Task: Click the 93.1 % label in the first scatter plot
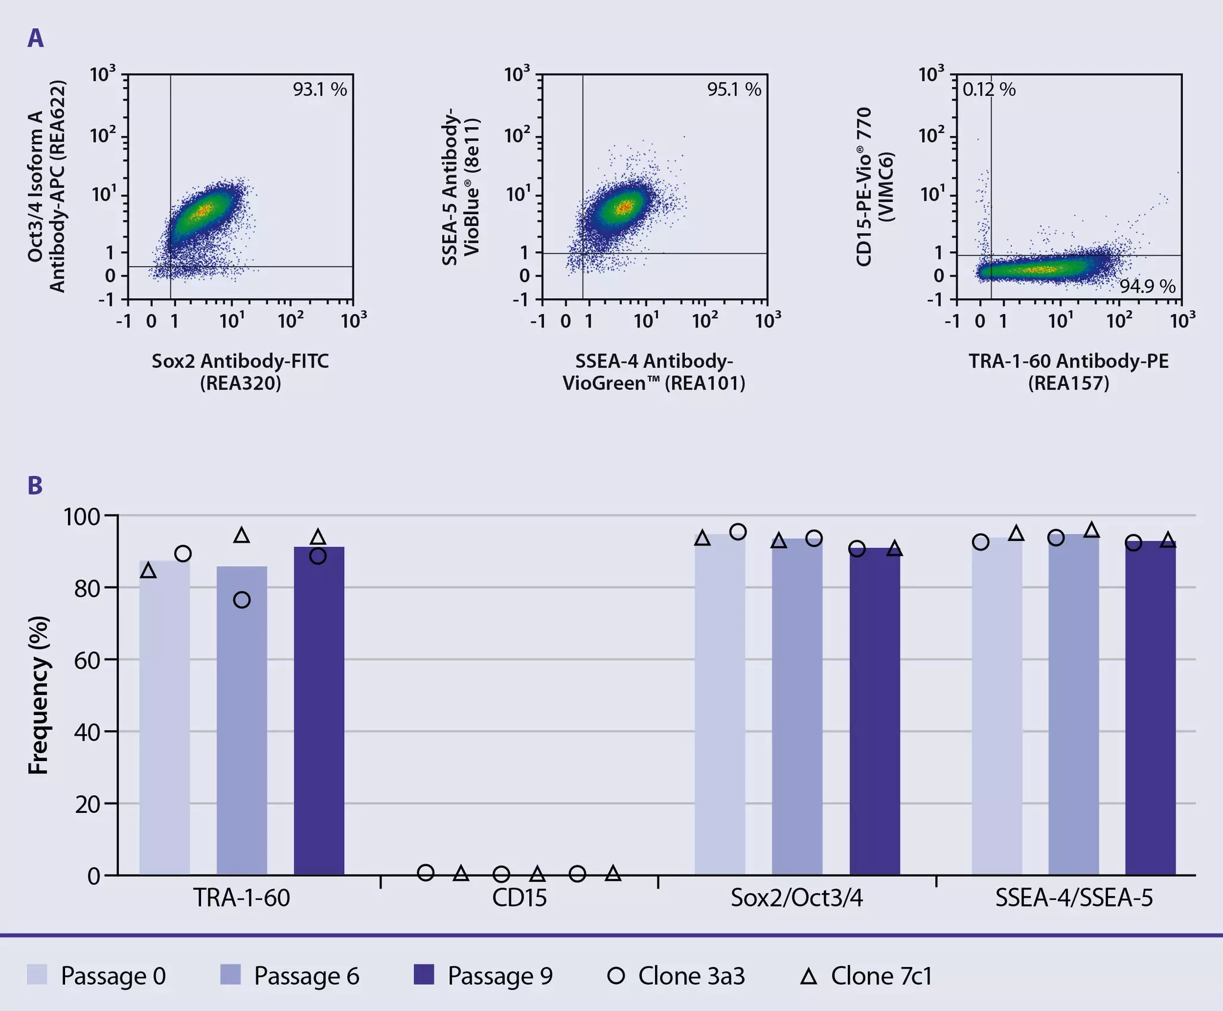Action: [319, 89]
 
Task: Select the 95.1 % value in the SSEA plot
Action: [734, 89]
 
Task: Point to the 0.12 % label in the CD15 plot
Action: [989, 89]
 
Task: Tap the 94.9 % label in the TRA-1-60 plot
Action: [1147, 286]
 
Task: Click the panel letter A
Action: [35, 39]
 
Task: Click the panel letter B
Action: [35, 486]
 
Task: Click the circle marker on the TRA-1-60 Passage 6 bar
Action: [242, 600]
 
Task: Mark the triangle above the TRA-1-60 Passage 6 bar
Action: [242, 536]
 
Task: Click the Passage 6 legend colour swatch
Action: [230, 975]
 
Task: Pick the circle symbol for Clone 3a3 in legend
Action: [616, 976]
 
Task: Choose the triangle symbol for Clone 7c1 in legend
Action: [808, 976]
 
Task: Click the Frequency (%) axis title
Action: [38, 695]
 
